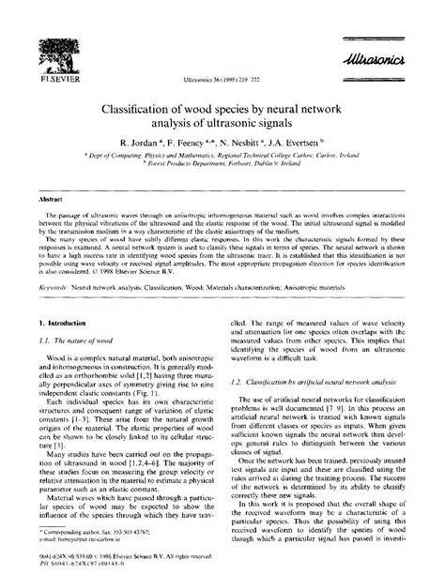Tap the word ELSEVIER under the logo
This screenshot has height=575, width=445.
(56, 80)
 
